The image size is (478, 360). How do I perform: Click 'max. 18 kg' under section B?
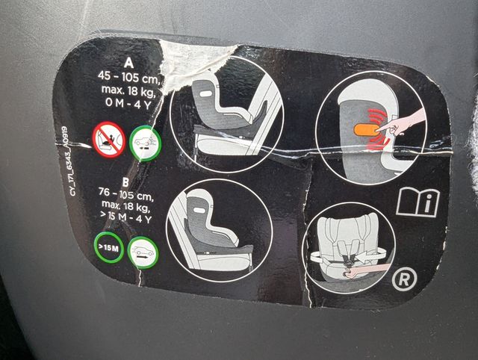tap(124, 206)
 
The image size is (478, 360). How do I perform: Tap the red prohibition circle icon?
tap(108, 138)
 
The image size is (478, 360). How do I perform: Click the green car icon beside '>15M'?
tap(143, 252)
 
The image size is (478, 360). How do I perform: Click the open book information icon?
tap(418, 201)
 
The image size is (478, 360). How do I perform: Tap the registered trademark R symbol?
tap(403, 280)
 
